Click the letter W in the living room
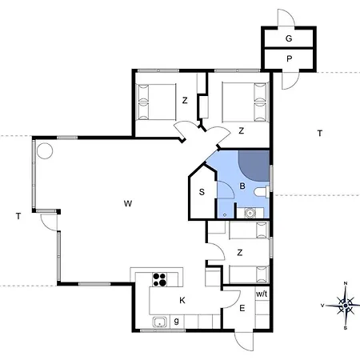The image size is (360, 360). (x=128, y=204)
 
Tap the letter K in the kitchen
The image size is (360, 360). (x=182, y=301)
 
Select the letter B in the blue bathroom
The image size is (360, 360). (x=242, y=186)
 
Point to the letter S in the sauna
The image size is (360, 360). (x=202, y=192)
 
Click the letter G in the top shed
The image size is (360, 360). (x=289, y=38)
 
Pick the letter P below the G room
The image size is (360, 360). (x=289, y=58)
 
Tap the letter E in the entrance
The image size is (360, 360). (x=242, y=309)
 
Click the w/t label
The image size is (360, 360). (x=262, y=294)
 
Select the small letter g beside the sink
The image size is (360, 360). (x=176, y=321)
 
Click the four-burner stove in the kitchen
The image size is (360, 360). (x=159, y=279)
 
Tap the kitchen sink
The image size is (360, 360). (x=160, y=322)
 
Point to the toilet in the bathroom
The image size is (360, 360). (x=262, y=192)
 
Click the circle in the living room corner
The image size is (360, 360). (x=45, y=151)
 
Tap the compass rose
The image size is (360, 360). (x=346, y=306)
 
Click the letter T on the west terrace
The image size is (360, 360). (x=18, y=216)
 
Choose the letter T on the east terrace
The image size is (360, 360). (x=320, y=133)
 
